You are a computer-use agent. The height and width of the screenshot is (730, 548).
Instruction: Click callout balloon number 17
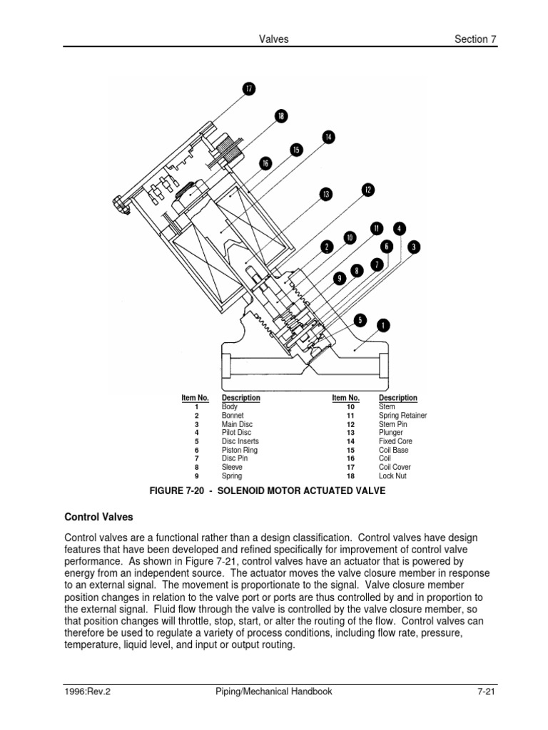tap(249, 88)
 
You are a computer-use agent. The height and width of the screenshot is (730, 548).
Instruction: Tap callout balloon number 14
tap(328, 137)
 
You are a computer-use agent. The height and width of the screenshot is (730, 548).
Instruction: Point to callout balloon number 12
tap(367, 190)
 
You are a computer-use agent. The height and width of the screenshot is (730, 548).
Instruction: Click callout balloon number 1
tap(383, 325)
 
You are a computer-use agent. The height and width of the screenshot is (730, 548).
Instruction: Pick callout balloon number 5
tap(360, 320)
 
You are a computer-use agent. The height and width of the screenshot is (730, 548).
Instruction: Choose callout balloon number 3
tap(414, 247)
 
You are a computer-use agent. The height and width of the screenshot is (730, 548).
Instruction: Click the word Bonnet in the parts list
tap(233, 415)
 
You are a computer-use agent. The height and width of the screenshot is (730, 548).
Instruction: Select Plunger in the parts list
tap(390, 432)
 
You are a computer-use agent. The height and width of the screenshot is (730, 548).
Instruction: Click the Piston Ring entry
tap(240, 450)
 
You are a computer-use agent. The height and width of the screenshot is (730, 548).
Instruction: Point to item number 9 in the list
tap(196, 475)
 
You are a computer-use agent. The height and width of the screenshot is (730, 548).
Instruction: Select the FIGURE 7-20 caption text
tap(267, 490)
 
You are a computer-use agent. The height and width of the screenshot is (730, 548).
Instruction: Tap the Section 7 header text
tap(475, 39)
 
